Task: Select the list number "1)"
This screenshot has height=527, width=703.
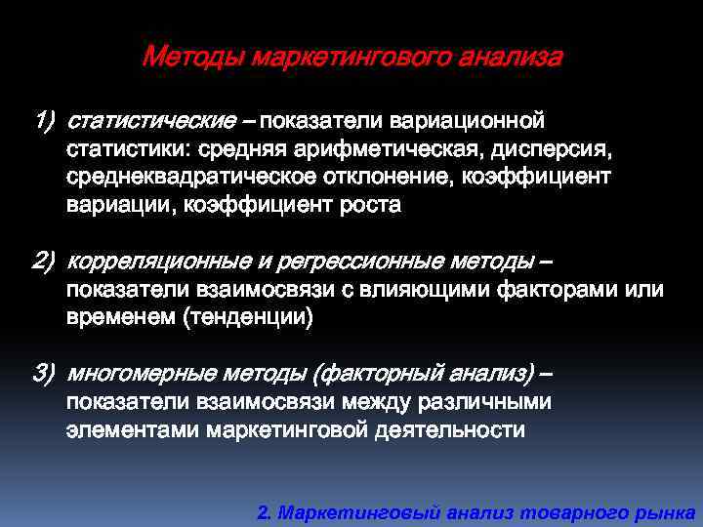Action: (45, 123)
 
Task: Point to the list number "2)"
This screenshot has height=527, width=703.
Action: (45, 263)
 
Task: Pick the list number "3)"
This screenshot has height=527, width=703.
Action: (45, 374)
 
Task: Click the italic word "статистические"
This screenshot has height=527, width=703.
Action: (150, 123)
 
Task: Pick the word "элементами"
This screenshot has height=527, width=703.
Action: (132, 429)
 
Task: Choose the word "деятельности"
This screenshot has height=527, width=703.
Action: (450, 429)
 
